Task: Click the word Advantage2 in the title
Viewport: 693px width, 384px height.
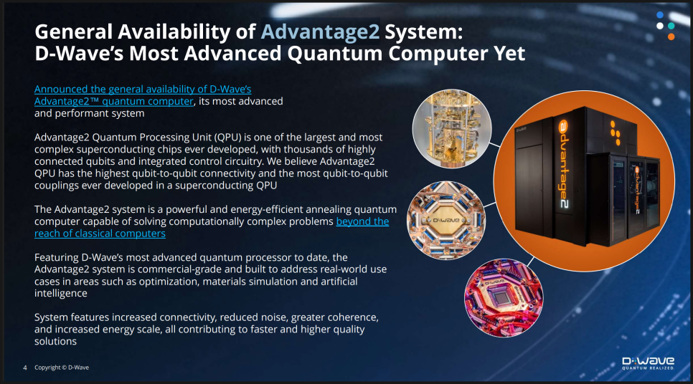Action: [x=320, y=32]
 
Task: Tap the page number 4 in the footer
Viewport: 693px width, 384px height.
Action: [x=25, y=368]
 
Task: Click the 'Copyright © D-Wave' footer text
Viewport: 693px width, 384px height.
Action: [x=62, y=368]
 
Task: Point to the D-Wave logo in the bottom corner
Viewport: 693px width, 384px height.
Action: [x=649, y=363]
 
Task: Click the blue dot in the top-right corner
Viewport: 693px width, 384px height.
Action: [x=660, y=15]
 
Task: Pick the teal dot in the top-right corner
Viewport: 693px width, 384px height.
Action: [x=671, y=26]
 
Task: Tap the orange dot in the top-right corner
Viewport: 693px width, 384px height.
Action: [x=671, y=37]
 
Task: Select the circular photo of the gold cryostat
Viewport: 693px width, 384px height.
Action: [x=452, y=129]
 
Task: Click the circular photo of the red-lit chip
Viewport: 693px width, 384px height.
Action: [x=504, y=298]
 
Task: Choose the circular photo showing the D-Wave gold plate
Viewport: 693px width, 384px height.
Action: [x=446, y=220]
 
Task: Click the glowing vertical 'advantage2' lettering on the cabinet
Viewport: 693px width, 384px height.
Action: [x=563, y=163]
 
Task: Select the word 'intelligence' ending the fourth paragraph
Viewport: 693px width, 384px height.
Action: [x=61, y=294]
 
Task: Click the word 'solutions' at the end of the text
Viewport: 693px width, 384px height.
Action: [x=56, y=341]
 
